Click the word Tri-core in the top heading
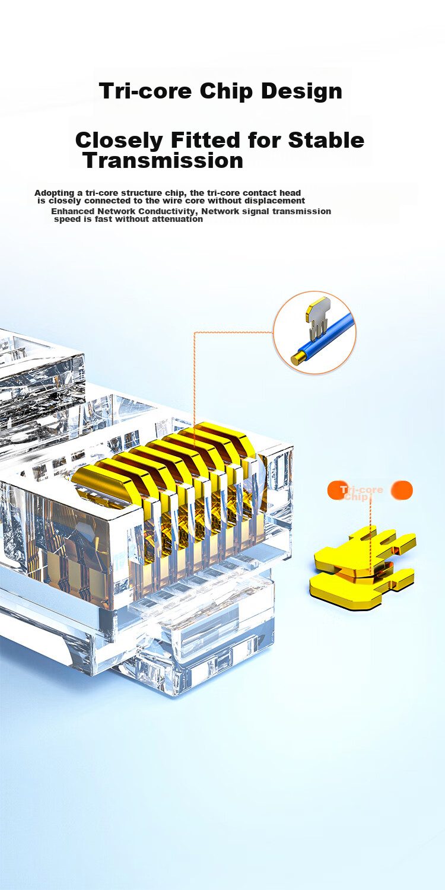coord(145,91)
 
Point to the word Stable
coord(326,140)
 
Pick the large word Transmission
coord(163,161)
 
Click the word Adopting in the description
coord(55,193)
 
